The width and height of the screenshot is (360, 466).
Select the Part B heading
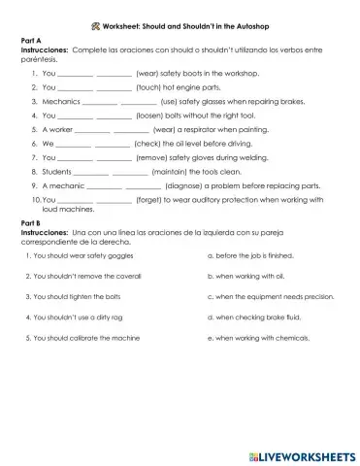coord(31,227)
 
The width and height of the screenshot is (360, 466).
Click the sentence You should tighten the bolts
coord(77,297)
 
